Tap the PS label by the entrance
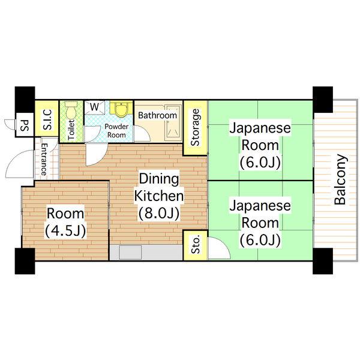click(25, 126)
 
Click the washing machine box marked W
click(94, 107)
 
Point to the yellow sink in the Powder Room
click(121, 109)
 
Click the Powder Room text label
click(116, 131)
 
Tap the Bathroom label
click(157, 115)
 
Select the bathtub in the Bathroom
click(173, 127)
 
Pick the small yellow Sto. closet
click(195, 246)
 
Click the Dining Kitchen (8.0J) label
click(158, 196)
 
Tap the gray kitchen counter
click(146, 252)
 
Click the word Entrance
click(44, 159)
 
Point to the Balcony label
click(340, 180)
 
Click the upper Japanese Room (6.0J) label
click(260, 145)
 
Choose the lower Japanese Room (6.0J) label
click(260, 223)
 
